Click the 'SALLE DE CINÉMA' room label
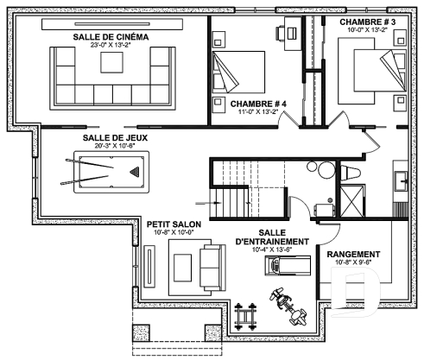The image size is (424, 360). coord(111,38)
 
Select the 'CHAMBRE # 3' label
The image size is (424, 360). coord(367,21)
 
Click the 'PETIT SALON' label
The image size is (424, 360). coord(174,222)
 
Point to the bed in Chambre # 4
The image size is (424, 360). coord(238,72)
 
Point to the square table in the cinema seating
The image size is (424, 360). coord(111,64)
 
